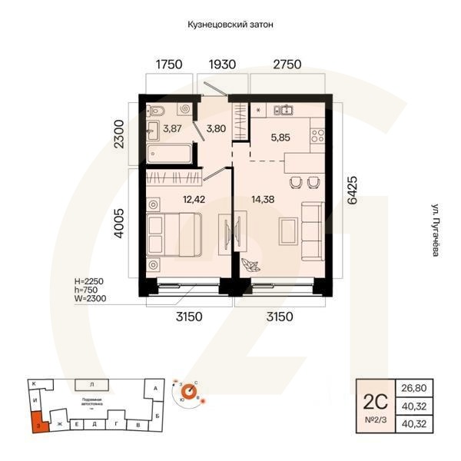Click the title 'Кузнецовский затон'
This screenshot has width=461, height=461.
[230, 25]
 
